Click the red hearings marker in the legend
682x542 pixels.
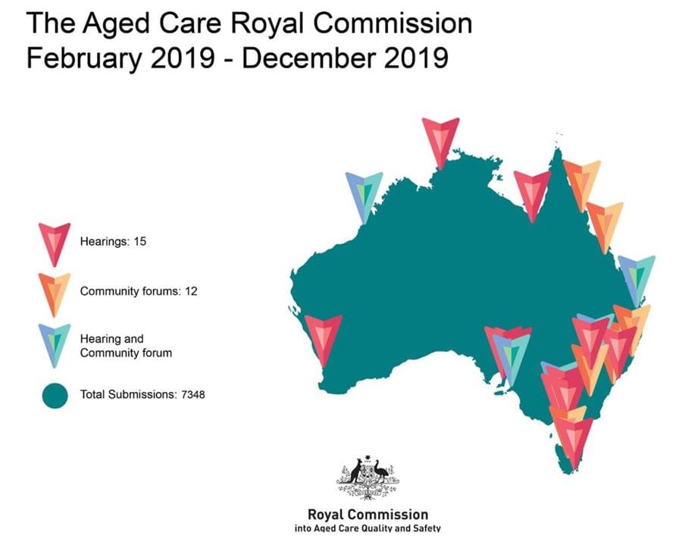(x=55, y=243)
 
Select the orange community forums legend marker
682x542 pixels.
(x=55, y=291)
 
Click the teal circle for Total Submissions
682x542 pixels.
(x=55, y=395)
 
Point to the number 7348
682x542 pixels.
(x=192, y=395)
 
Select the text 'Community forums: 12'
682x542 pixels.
(x=139, y=291)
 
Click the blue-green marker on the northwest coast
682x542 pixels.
(x=364, y=193)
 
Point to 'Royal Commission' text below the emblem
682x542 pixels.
(x=368, y=515)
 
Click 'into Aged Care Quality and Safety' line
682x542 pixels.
(x=367, y=528)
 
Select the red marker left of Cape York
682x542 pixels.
(x=532, y=192)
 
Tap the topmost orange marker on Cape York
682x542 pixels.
(x=582, y=180)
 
